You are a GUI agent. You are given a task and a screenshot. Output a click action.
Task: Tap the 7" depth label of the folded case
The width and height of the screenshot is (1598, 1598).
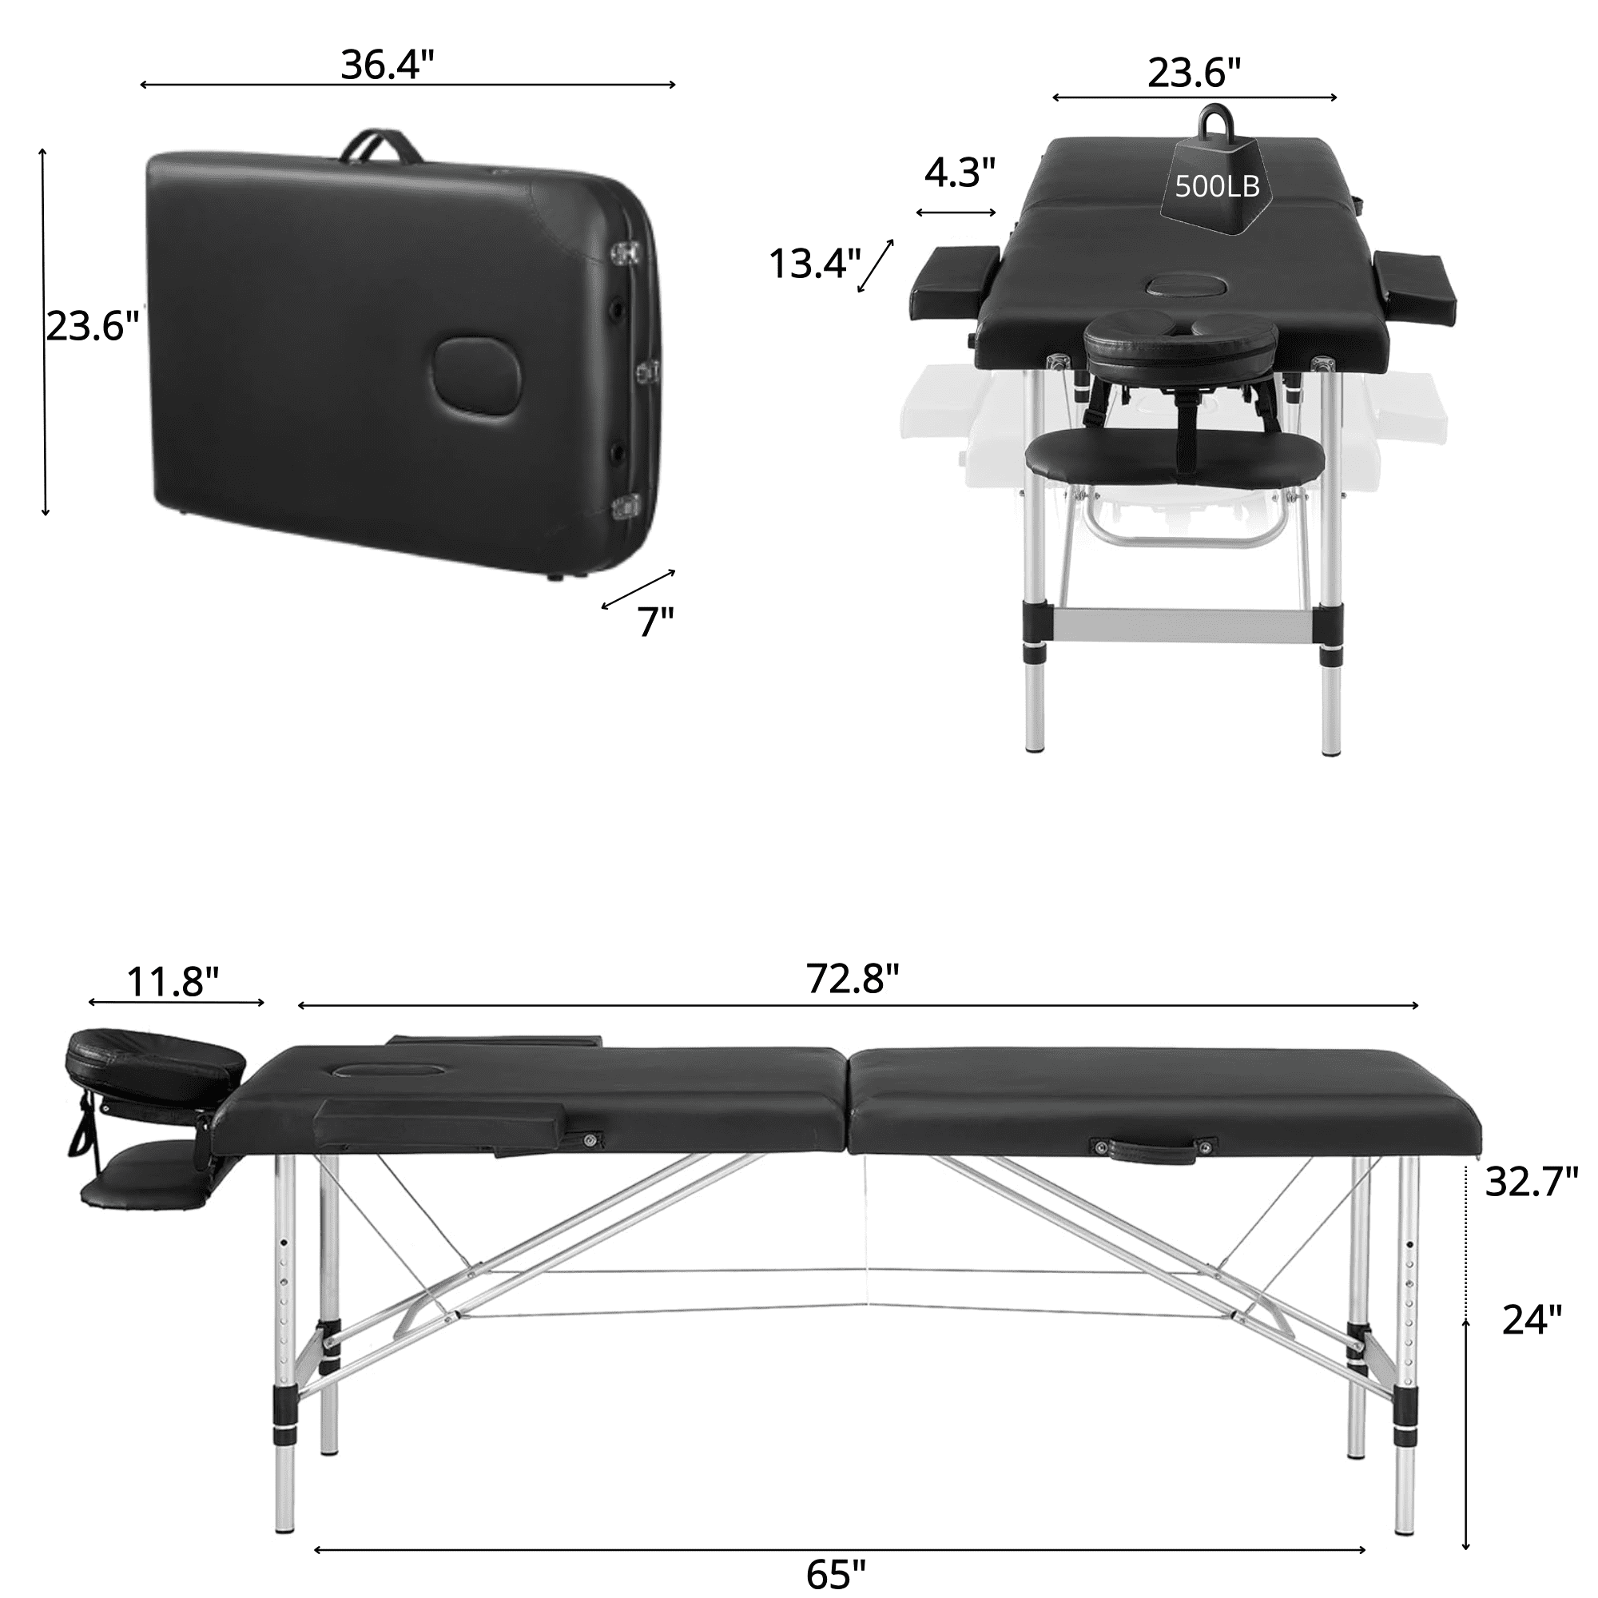coord(656,621)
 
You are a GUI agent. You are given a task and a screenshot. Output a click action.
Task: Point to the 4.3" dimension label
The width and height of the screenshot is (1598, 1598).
coord(960,172)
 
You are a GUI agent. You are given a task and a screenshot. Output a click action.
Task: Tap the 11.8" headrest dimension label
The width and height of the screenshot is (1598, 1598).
coord(173,983)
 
